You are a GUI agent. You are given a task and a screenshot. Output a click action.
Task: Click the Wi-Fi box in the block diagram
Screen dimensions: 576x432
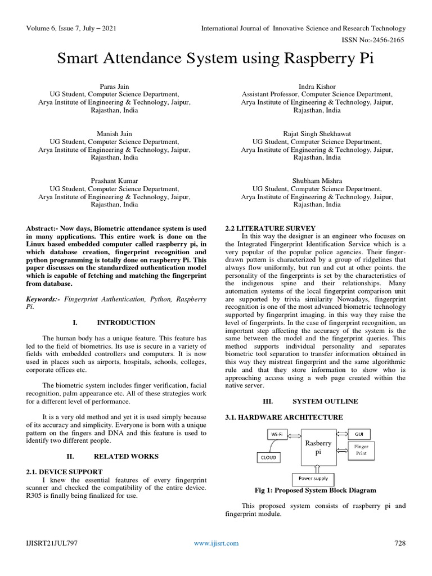(x=277, y=434)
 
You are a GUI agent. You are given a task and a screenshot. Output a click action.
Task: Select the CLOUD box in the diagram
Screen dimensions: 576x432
(x=268, y=458)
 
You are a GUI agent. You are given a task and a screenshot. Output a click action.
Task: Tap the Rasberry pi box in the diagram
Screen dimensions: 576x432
(x=318, y=448)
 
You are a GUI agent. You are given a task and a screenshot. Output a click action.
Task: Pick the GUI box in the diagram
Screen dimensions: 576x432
(x=358, y=434)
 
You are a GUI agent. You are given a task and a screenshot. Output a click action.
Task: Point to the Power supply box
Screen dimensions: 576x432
(x=313, y=479)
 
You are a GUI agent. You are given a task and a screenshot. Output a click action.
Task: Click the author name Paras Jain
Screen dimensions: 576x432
(x=114, y=87)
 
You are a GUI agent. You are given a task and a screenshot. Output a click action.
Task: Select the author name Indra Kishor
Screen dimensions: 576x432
(x=317, y=87)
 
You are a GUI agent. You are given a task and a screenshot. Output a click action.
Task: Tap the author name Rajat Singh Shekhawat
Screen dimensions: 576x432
(x=317, y=134)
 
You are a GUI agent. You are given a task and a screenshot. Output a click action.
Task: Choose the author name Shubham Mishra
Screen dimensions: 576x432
(x=317, y=181)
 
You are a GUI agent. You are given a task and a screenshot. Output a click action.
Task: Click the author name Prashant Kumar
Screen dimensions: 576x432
(x=114, y=181)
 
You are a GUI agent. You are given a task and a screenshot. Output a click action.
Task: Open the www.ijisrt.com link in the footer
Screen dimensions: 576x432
(x=216, y=543)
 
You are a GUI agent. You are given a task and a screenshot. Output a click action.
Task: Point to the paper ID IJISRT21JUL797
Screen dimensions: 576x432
(x=52, y=543)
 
